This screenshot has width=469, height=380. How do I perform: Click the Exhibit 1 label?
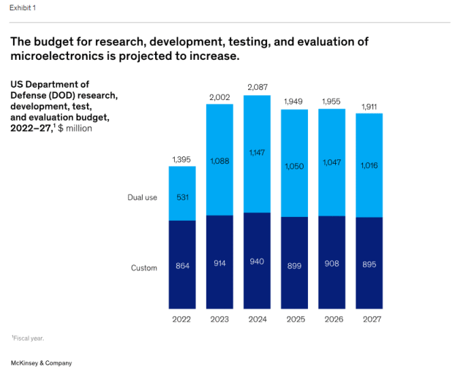point(22,7)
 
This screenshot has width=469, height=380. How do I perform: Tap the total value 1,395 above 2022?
point(182,159)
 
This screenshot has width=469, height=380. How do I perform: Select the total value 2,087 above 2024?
point(257,88)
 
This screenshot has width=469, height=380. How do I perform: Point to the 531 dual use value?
point(182,197)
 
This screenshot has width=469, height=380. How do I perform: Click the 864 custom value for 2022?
point(182,265)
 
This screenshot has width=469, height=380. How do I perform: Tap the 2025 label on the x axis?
point(294,319)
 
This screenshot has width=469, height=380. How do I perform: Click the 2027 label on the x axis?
point(369,319)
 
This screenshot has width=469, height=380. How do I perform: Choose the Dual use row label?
point(143,197)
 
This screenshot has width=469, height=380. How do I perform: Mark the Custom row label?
point(144,267)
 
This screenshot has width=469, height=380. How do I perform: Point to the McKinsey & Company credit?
point(41,363)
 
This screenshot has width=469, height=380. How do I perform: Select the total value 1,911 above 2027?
point(369,106)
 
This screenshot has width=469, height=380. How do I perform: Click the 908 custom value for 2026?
point(331,264)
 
